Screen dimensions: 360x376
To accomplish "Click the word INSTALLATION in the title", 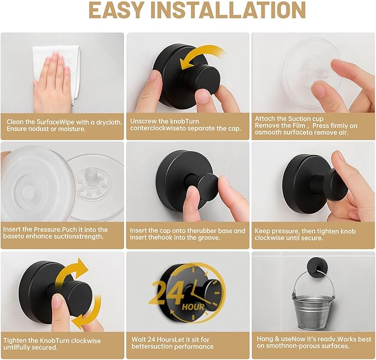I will coord(234,11).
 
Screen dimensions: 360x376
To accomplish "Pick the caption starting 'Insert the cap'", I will coord(187,234).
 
